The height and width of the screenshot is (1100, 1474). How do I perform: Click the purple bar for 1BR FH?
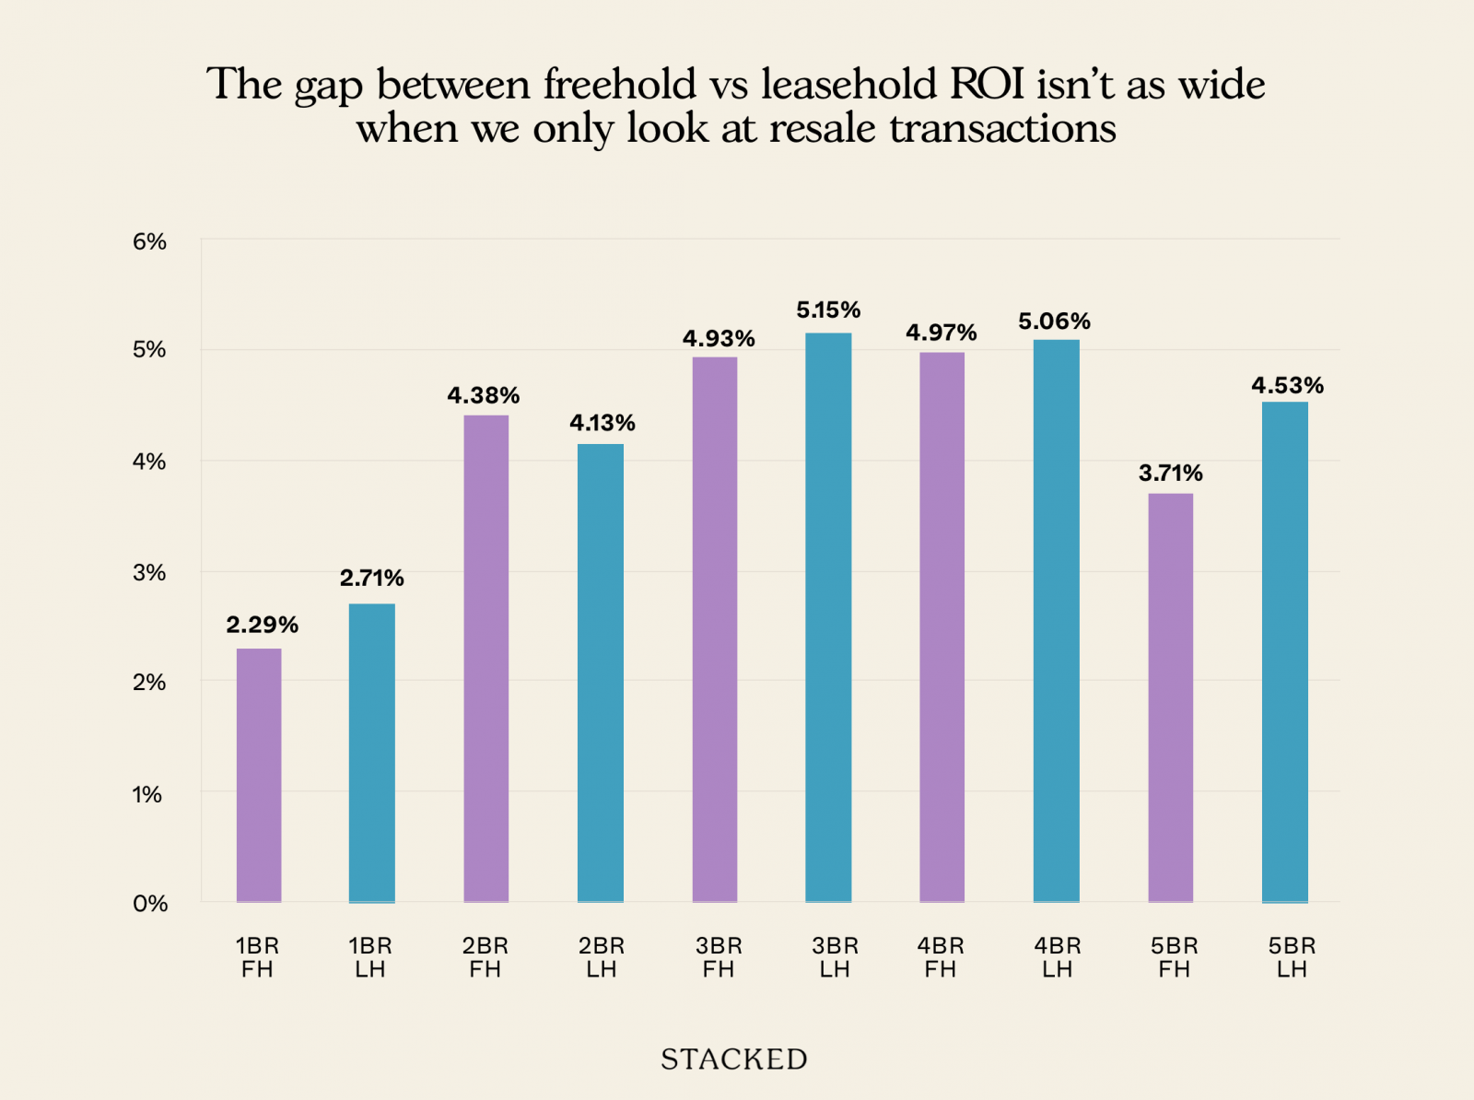pyautogui.click(x=259, y=774)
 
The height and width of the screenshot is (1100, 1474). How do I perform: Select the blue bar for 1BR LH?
pyautogui.click(x=372, y=752)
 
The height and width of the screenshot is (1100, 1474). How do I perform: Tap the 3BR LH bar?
pyautogui.click(x=828, y=616)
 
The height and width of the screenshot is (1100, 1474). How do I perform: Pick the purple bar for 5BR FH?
pyautogui.click(x=1171, y=696)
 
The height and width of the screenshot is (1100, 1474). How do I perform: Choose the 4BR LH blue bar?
pyautogui.click(x=1056, y=620)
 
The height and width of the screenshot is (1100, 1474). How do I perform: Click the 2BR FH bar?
pyautogui.click(x=485, y=658)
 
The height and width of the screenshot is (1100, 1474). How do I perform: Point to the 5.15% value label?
pyautogui.click(x=828, y=310)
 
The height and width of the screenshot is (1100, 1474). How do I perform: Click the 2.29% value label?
pyautogui.click(x=263, y=625)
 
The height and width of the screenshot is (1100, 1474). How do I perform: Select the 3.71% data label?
pyautogui.click(x=1171, y=473)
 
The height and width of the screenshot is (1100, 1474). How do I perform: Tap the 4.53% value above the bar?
pyautogui.click(x=1287, y=385)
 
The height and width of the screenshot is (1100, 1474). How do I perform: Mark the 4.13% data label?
pyautogui.click(x=602, y=423)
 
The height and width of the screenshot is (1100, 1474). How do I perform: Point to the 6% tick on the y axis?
pyautogui.click(x=149, y=241)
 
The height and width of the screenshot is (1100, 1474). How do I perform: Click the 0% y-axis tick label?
pyautogui.click(x=149, y=904)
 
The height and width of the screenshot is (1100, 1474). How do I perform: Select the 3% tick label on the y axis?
pyautogui.click(x=149, y=572)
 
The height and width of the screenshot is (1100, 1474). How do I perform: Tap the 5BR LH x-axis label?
pyautogui.click(x=1292, y=957)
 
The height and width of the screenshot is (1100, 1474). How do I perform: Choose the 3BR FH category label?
pyautogui.click(x=719, y=957)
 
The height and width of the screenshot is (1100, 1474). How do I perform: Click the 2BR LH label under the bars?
pyautogui.click(x=602, y=957)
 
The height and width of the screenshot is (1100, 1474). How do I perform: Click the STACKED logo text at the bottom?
pyautogui.click(x=734, y=1059)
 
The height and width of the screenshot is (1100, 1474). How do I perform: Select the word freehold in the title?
pyautogui.click(x=619, y=85)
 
